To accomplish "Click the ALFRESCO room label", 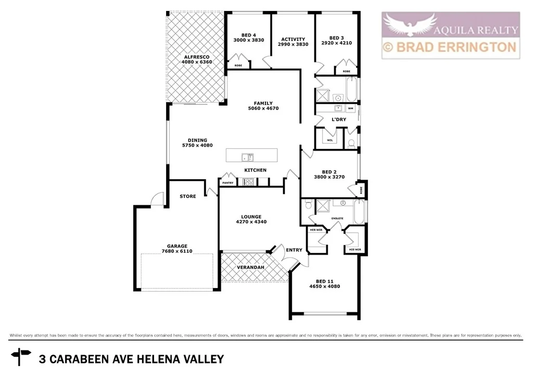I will (x=195, y=57).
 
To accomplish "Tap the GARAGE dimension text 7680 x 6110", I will (x=177, y=251).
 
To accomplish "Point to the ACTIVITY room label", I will (x=293, y=39).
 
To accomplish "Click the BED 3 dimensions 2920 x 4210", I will (x=337, y=43).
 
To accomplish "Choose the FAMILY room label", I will (x=263, y=103).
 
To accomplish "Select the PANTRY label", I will (x=227, y=183).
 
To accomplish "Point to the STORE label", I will (x=187, y=196).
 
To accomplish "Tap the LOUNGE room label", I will (x=251, y=217).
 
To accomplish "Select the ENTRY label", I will (x=294, y=250).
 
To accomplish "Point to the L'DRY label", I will (x=339, y=119).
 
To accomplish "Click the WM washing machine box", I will (x=350, y=108).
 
